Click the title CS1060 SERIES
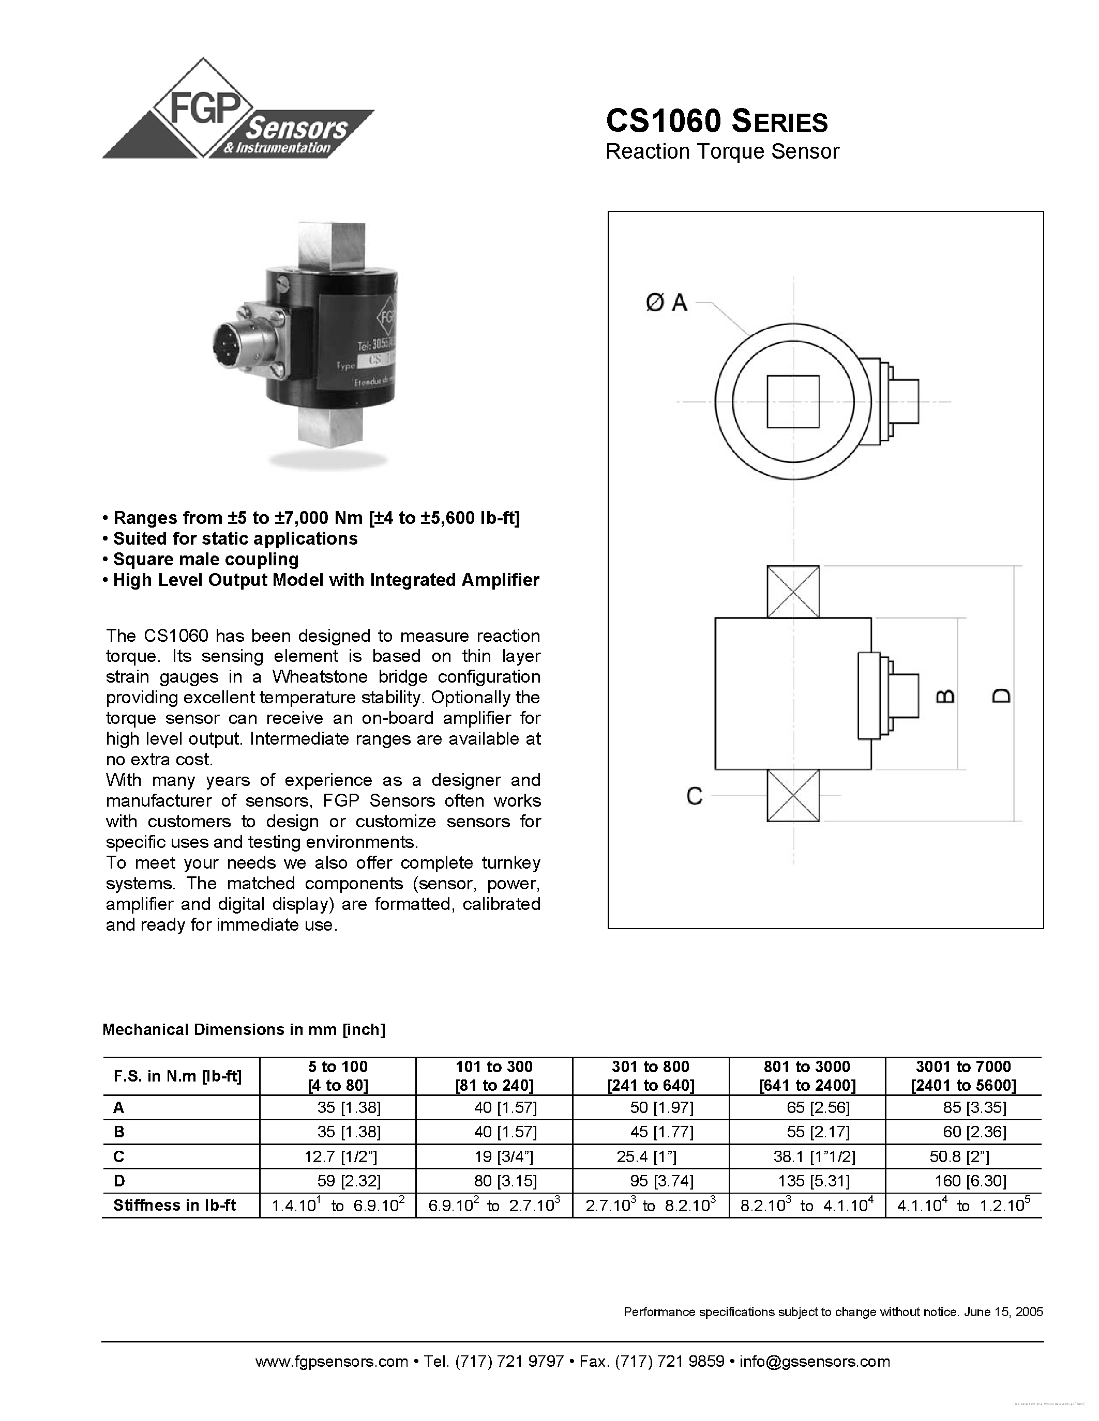716,121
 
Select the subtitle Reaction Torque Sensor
722,151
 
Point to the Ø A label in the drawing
667,303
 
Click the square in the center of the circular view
793,401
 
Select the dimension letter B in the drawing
945,696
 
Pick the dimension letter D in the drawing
1002,696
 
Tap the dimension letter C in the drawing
695,796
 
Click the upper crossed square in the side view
793,592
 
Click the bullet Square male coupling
205,560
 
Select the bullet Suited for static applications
235,539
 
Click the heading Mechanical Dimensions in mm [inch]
244,1029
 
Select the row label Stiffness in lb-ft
174,1205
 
